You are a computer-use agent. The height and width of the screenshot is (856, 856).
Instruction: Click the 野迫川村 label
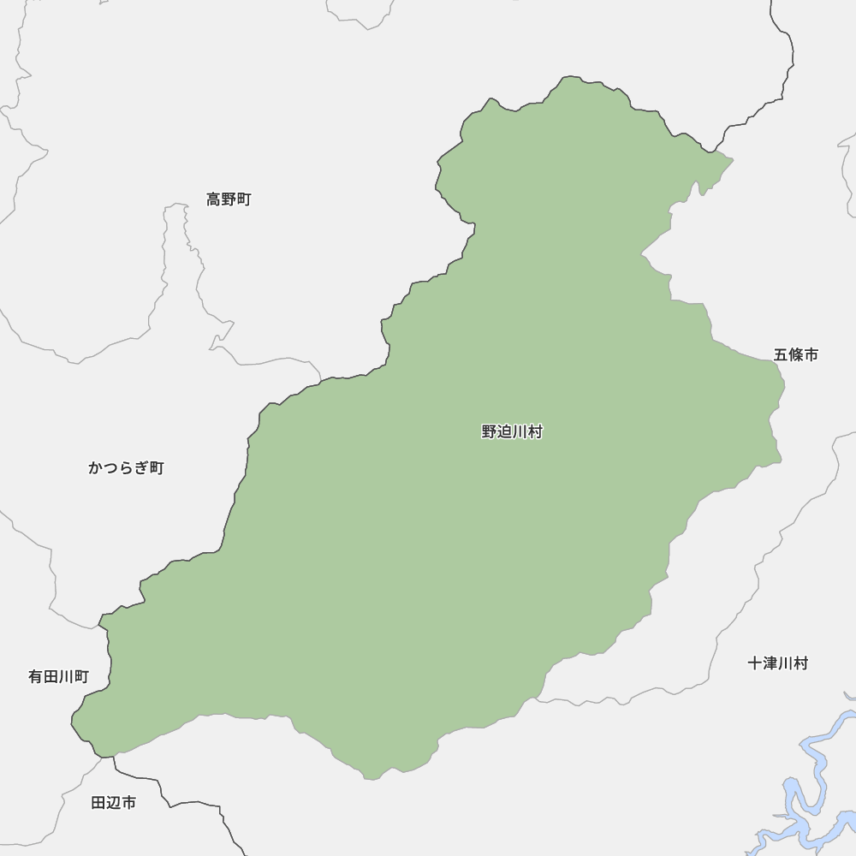pos(512,432)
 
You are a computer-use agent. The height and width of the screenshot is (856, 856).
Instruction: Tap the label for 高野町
pos(229,199)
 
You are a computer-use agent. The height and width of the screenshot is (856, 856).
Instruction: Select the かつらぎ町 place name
pos(126,467)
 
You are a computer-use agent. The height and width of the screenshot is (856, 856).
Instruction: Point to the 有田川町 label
pos(58,677)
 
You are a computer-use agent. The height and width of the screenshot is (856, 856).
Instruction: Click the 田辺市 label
pos(113,803)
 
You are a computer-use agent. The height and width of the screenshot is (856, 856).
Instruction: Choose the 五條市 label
pos(795,354)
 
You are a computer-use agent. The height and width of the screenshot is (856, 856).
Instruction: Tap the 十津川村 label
pos(777,663)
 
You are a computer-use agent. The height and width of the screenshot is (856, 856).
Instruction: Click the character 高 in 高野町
pos(214,199)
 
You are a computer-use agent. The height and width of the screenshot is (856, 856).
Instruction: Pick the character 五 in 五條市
pos(781,354)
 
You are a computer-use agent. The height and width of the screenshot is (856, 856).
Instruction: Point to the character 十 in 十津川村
pos(755,663)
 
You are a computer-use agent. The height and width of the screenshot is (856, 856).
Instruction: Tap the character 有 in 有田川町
pos(36,677)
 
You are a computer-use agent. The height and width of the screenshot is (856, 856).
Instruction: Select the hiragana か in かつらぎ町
pos(95,467)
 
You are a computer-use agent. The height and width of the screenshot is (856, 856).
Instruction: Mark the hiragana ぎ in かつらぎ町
pos(141,467)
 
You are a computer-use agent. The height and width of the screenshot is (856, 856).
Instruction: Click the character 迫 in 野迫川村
pos(504,432)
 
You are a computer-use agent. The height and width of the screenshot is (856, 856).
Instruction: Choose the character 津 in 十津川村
pos(770,663)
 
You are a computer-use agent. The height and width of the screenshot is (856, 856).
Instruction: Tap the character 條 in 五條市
pos(795,354)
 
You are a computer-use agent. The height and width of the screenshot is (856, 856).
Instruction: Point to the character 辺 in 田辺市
pos(113,803)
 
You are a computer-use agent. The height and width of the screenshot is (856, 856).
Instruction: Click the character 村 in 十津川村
pos(800,663)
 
